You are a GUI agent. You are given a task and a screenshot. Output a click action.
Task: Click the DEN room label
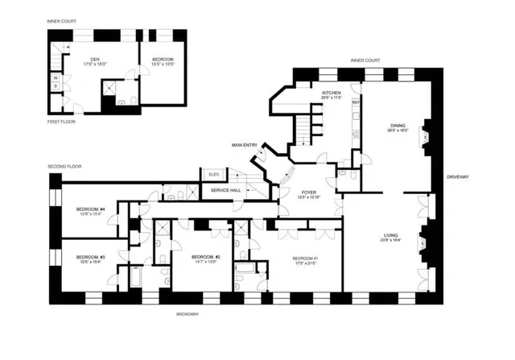click(x=93, y=57)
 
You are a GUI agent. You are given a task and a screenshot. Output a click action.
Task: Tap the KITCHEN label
click(x=332, y=93)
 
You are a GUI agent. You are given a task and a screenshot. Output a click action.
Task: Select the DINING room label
click(x=398, y=126)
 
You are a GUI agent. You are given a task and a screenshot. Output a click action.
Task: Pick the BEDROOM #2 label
click(x=206, y=257)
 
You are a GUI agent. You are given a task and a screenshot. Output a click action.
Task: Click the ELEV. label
click(x=213, y=175)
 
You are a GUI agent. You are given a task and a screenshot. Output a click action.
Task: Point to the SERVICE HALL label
click(x=225, y=190)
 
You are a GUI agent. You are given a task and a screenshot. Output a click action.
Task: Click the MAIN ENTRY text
click(x=245, y=145)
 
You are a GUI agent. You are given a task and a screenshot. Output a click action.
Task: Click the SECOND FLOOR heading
click(x=65, y=166)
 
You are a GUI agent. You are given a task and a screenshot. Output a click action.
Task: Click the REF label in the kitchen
click(x=354, y=102)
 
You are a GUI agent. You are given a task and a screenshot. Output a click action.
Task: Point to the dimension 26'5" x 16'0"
click(x=398, y=132)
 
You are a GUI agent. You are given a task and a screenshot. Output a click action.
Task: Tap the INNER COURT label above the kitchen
click(x=365, y=60)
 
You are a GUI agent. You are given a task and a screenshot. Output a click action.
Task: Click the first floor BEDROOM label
click(x=163, y=57)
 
